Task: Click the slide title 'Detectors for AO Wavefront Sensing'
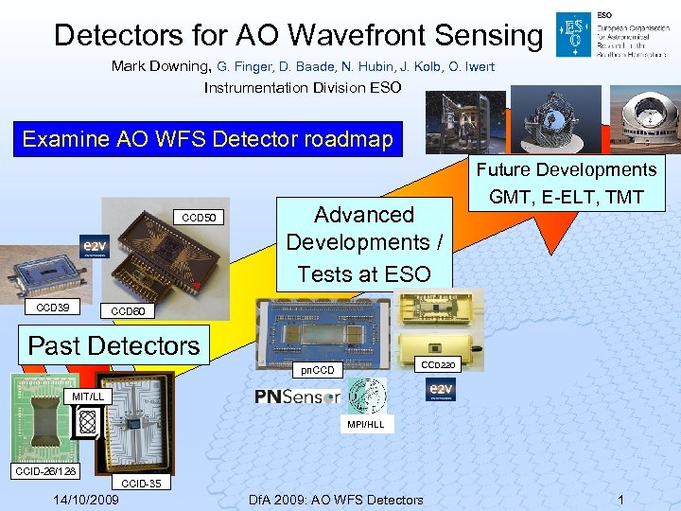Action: tap(298, 35)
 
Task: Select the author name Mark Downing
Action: tap(160, 66)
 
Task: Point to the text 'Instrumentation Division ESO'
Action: tap(303, 88)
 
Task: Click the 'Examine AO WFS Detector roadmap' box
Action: tap(207, 140)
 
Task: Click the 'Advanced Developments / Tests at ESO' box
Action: tap(364, 243)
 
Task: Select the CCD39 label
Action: tap(53, 308)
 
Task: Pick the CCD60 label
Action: tap(128, 311)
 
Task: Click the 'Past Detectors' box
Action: tap(114, 345)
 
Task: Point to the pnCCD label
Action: tap(316, 370)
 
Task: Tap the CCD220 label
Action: tap(438, 363)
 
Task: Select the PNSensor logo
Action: tap(298, 396)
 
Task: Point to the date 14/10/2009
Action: tap(86, 500)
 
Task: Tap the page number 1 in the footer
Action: tap(620, 500)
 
